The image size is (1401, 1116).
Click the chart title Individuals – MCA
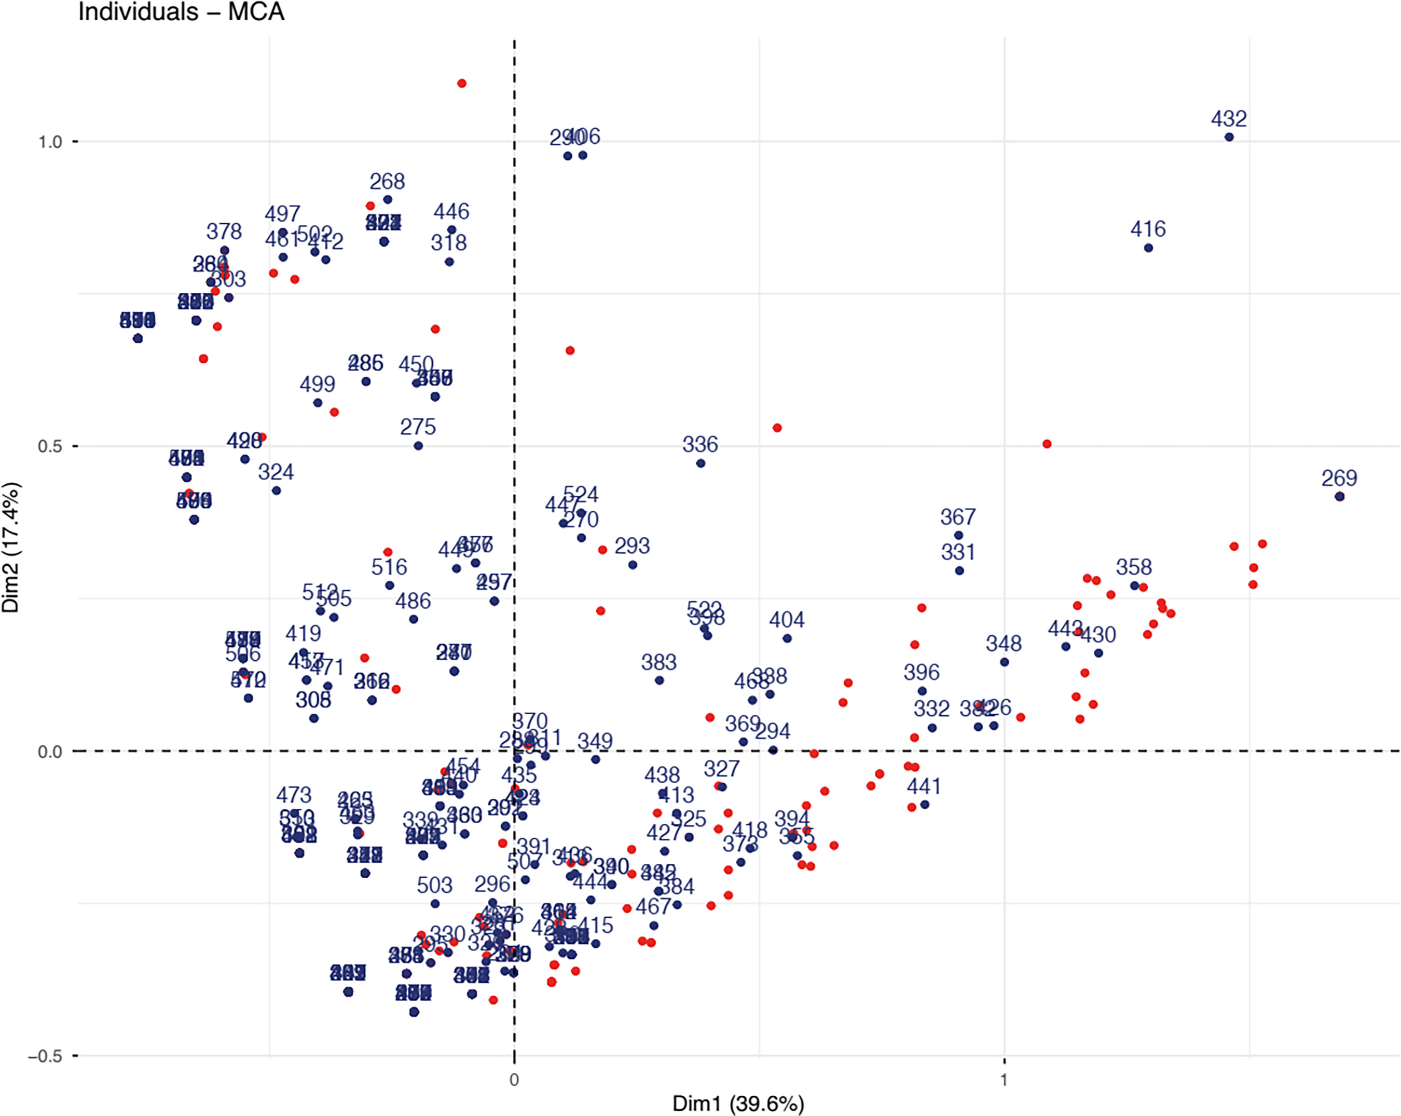click(181, 12)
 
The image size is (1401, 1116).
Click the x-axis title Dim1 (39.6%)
click(738, 1103)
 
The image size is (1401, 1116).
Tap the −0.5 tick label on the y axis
click(46, 1056)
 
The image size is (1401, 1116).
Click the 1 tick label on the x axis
click(1004, 1080)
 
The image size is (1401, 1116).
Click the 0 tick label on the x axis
click(514, 1080)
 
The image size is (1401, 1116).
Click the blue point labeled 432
click(1229, 137)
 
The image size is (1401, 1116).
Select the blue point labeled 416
click(1148, 248)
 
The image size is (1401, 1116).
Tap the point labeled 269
click(1339, 497)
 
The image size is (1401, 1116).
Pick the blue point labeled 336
click(700, 464)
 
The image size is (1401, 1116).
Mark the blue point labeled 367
click(958, 536)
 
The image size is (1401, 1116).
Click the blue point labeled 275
click(418, 446)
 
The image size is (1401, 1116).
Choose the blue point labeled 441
click(925, 805)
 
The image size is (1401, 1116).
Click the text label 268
click(387, 181)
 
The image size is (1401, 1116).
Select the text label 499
click(317, 384)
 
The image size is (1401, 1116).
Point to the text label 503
click(435, 885)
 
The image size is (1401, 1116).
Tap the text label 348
click(1004, 644)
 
